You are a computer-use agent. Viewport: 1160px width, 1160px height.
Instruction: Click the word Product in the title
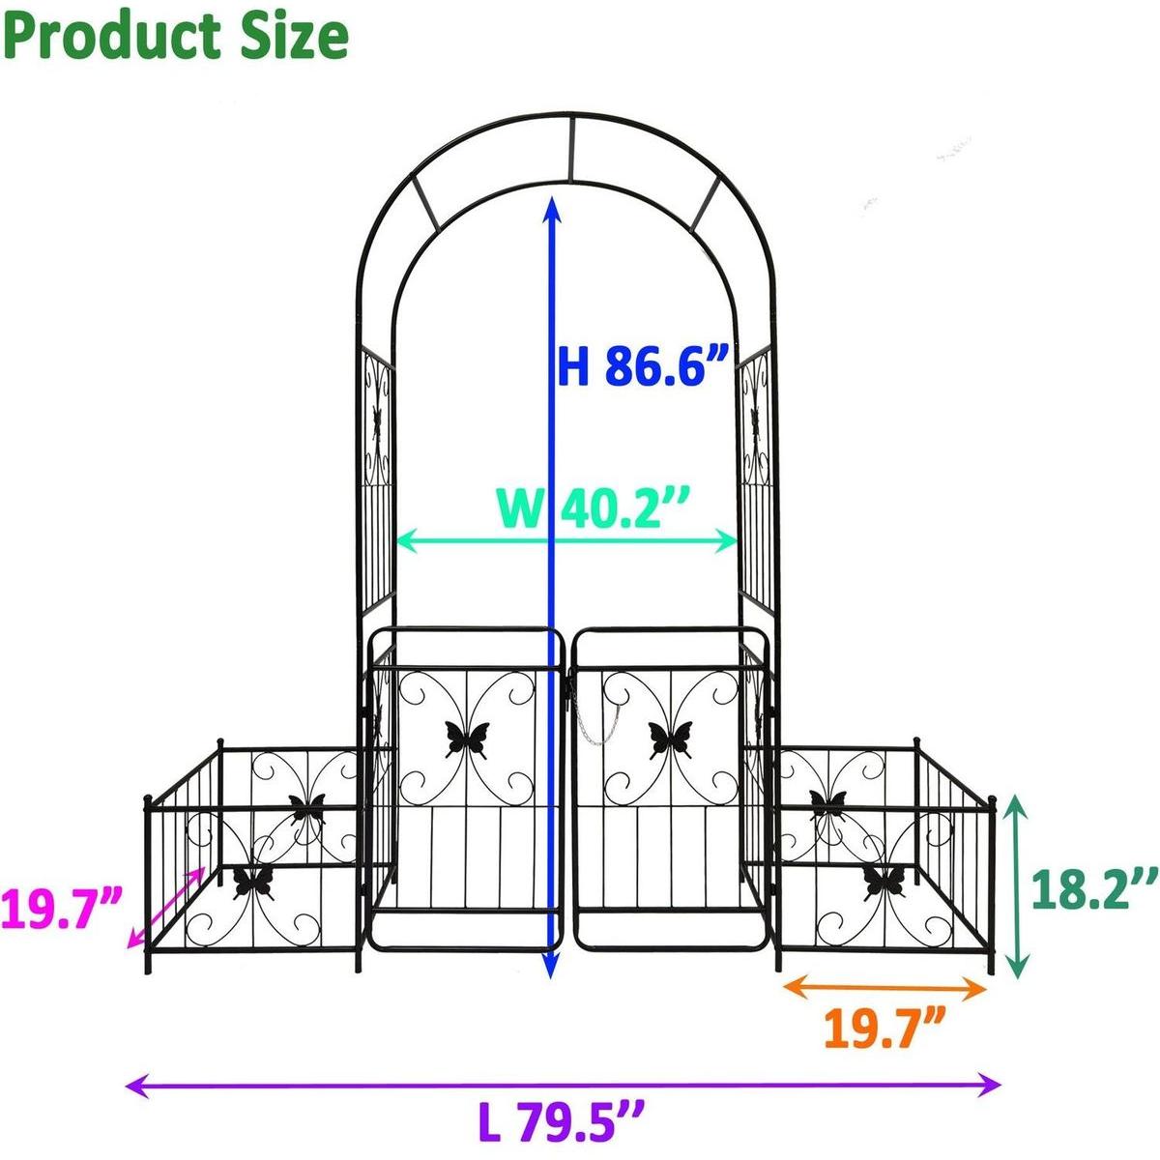point(106,36)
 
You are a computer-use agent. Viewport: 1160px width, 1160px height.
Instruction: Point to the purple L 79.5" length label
point(562,1121)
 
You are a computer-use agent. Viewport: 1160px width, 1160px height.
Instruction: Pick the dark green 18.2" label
point(1092,887)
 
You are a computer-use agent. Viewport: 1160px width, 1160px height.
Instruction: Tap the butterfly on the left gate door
point(466,739)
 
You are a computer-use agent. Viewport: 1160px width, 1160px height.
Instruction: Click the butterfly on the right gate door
point(670,739)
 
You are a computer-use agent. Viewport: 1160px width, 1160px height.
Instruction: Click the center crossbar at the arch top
point(571,150)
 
